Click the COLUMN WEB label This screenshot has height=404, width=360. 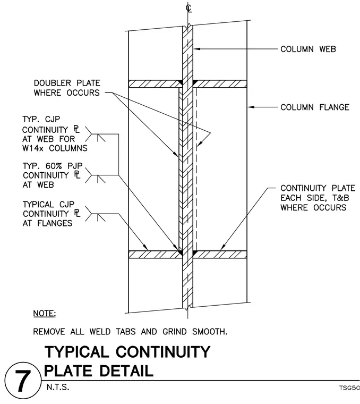[x=308, y=49]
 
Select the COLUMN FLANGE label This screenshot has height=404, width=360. [x=315, y=107]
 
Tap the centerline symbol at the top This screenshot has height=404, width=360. [x=188, y=8]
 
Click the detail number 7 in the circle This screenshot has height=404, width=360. [x=23, y=381]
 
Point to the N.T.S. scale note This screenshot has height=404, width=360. [x=58, y=387]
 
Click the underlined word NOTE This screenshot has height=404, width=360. [x=45, y=314]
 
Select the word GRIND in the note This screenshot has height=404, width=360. [x=175, y=331]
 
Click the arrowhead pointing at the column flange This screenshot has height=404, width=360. [x=251, y=107]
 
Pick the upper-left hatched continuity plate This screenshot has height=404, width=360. [x=155, y=84]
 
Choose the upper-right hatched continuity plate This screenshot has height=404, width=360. [x=220, y=84]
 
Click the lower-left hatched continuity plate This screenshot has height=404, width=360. [x=155, y=254]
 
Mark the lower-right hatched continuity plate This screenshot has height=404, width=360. [x=220, y=254]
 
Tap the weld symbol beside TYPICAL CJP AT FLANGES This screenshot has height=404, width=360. [x=95, y=214]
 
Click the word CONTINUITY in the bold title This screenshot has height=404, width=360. [x=163, y=352]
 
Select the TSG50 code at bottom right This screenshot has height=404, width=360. [x=349, y=388]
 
